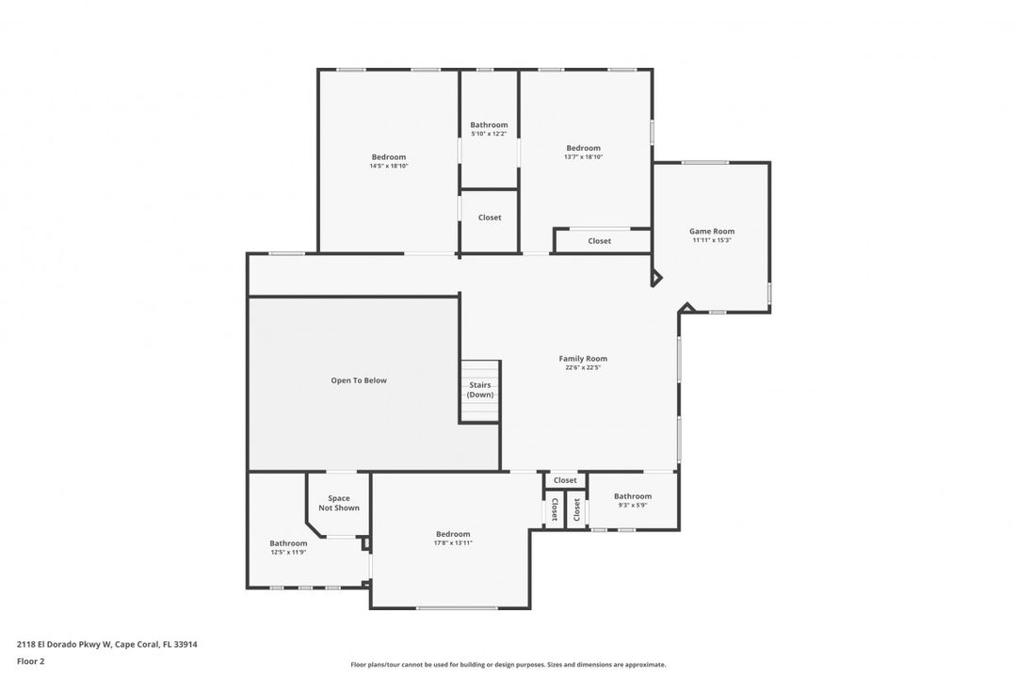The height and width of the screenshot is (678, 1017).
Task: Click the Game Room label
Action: [x=712, y=231]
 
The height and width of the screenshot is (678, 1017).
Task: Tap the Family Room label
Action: [x=583, y=358]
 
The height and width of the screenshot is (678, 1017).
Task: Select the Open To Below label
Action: [x=359, y=380]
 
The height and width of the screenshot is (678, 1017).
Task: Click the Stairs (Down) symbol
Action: [x=480, y=392]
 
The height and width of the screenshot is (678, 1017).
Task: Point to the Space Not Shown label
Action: [x=339, y=504]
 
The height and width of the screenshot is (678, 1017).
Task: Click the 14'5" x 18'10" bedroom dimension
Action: [x=389, y=166]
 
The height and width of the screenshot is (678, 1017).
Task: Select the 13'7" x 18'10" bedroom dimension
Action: [x=583, y=157]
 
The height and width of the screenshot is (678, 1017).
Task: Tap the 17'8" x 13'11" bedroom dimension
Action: [x=453, y=543]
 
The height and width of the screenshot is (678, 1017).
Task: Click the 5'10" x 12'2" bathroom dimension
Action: [x=489, y=134]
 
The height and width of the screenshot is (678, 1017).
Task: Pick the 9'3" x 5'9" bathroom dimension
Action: [x=633, y=505]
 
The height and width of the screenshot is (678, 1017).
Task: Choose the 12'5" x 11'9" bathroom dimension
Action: [x=288, y=552]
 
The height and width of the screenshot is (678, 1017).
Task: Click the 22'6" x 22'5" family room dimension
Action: [x=583, y=367]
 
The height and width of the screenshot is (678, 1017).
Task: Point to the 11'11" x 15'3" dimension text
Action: [x=712, y=240]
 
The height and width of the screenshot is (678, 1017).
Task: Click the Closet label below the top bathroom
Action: [x=490, y=218]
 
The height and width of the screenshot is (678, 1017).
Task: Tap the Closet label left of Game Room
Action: [x=599, y=241]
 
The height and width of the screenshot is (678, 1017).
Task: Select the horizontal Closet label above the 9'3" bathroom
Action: [x=565, y=480]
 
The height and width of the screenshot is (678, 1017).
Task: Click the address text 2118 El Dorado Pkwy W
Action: [x=64, y=644]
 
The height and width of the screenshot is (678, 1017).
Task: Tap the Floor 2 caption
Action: [x=30, y=662]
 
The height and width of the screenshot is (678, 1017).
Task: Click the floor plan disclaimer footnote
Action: [x=508, y=665]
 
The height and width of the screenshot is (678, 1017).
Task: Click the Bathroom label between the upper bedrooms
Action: [x=489, y=124]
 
